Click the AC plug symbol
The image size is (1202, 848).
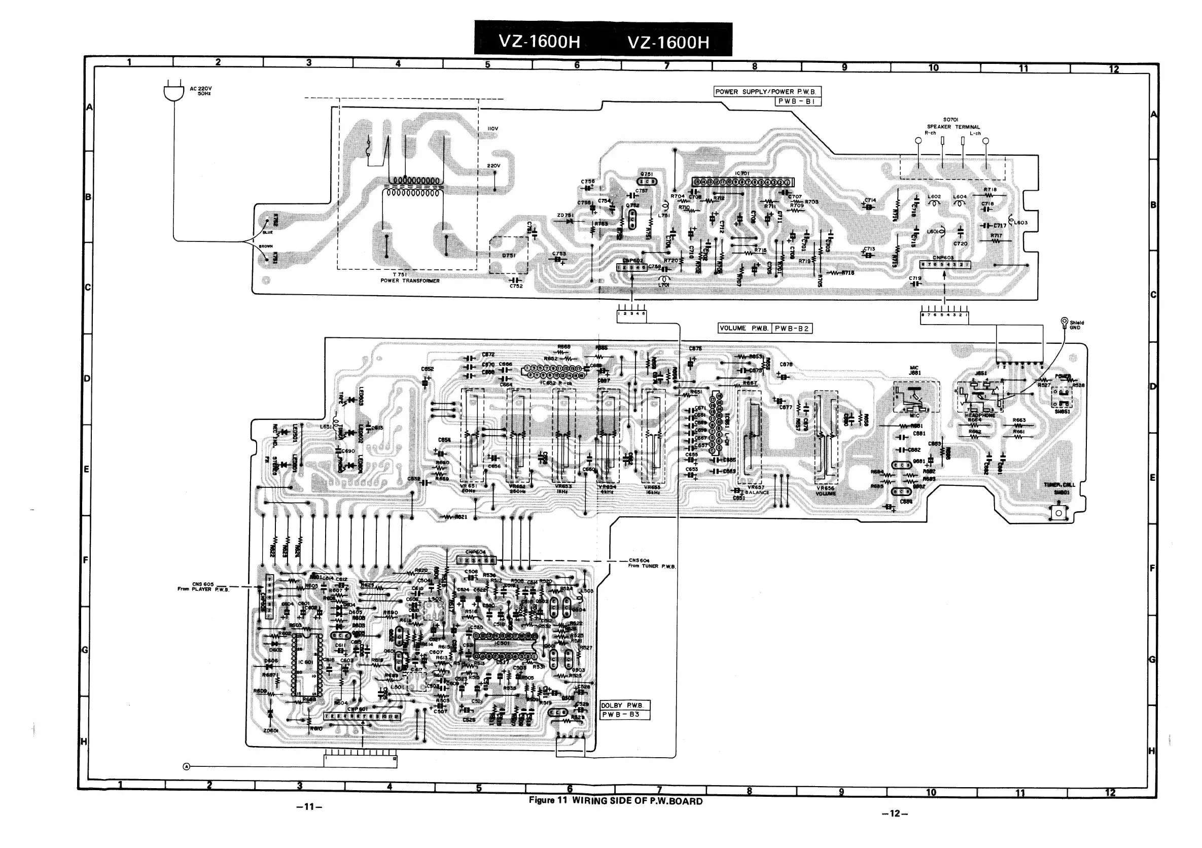[174, 93]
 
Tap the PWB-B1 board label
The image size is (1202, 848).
[797, 101]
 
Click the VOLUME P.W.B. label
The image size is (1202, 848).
[744, 328]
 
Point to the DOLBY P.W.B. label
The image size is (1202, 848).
[624, 705]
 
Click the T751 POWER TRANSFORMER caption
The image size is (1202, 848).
[410, 277]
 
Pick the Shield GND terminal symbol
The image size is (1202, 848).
[1064, 321]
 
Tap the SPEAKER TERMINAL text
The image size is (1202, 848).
[953, 127]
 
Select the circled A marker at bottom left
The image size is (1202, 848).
[186, 766]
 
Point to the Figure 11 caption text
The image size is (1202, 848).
[616, 801]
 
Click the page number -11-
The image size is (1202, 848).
[309, 806]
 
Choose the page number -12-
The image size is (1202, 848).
[894, 813]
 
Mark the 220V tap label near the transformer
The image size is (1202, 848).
[493, 166]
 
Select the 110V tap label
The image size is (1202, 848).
[492, 129]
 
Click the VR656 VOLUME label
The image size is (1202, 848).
[826, 490]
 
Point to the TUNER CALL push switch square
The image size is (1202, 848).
[1058, 512]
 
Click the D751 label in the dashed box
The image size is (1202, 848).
[508, 256]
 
